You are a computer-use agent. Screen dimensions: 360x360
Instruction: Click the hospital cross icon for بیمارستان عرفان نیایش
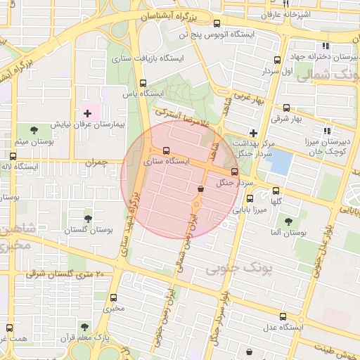[87, 112]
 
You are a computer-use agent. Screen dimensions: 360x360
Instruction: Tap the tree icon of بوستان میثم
[34, 129]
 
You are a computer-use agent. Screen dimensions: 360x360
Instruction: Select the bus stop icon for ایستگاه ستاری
[166, 150]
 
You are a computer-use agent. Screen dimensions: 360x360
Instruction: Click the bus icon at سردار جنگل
[234, 172]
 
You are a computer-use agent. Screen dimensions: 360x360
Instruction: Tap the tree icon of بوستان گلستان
[88, 219]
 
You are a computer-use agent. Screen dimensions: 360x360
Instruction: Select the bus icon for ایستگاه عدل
[283, 316]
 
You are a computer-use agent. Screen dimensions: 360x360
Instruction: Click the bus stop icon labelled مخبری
[114, 297]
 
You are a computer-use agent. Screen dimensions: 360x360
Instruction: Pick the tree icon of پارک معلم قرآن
[85, 328]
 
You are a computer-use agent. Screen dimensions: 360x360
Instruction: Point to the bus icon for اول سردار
[277, 60]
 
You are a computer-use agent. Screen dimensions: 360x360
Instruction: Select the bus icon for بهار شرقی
[287, 108]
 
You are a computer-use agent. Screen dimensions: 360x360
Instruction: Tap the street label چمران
[96, 162]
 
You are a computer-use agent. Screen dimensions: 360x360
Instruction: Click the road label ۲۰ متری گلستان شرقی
[67, 274]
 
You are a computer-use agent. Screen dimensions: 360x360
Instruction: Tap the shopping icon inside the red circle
[201, 188]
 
